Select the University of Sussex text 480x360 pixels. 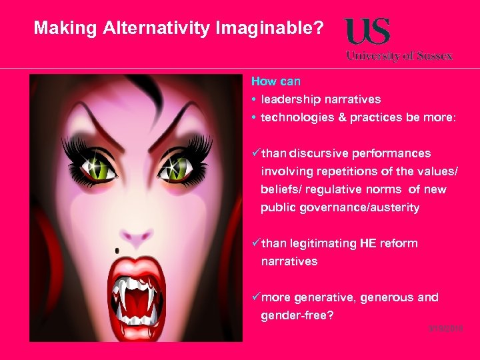[x=399, y=56]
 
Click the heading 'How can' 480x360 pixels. [x=275, y=81]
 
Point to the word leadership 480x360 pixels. [x=290, y=99]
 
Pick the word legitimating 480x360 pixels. [x=323, y=243]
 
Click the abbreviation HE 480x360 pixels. [x=368, y=243]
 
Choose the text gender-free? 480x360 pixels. [x=297, y=315]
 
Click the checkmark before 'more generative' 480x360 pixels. [x=255, y=297]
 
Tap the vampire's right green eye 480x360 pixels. [x=176, y=165]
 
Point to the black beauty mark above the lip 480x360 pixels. [x=117, y=250]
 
